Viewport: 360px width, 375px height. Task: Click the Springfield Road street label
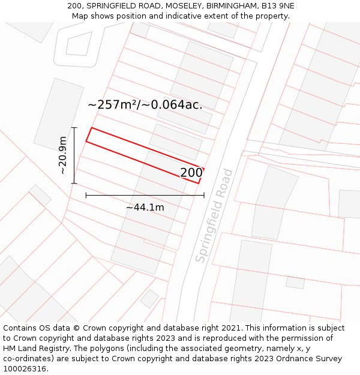coord(214,215)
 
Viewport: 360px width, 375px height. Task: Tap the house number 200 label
coord(191,173)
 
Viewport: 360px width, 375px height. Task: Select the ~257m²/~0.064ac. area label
coord(145,104)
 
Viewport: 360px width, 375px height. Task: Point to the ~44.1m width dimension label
coord(145,207)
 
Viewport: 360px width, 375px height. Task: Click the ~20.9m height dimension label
coord(62,155)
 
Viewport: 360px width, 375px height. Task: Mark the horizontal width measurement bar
coord(145,195)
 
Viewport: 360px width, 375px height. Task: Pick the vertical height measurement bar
coord(74,155)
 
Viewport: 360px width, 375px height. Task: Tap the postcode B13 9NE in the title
coord(278,6)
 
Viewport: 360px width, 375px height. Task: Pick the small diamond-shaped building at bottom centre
coord(149,298)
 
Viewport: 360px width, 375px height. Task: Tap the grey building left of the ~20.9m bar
coord(58,114)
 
